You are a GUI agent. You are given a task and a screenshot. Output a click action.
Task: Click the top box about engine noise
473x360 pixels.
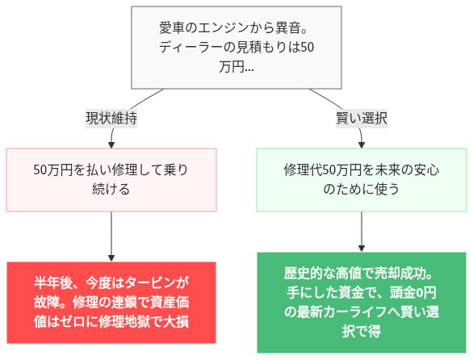pyautogui.click(x=236, y=48)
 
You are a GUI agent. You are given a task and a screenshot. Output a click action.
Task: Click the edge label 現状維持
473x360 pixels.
pyautogui.click(x=111, y=118)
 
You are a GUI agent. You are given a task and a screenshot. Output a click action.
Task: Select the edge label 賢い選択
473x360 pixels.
pyautogui.click(x=362, y=118)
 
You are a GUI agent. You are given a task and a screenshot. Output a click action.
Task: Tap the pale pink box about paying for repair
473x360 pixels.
pyautogui.click(x=111, y=180)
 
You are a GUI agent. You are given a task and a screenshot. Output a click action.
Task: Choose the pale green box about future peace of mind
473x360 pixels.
pyautogui.click(x=362, y=180)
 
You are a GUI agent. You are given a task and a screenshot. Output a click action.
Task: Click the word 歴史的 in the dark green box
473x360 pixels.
pyautogui.click(x=303, y=274)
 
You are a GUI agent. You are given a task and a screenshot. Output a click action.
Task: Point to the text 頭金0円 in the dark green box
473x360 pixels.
pyautogui.click(x=415, y=293)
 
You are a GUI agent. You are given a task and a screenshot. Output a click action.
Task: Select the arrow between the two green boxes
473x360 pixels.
pyautogui.click(x=362, y=232)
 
